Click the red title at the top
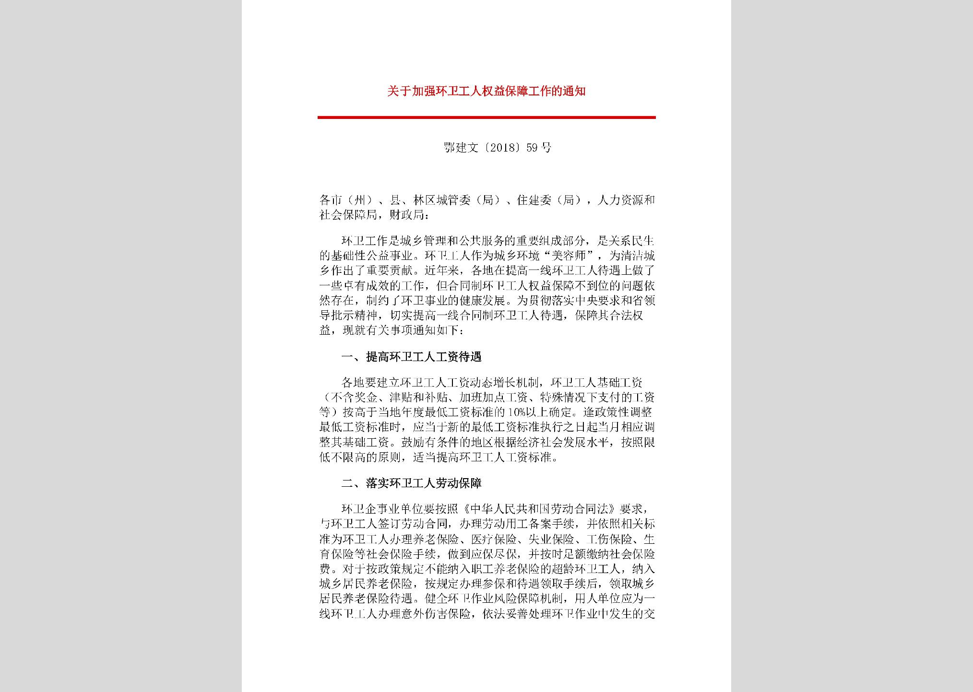click(486, 91)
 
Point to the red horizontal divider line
click(486, 117)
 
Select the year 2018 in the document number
click(502, 148)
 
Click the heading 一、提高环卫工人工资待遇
click(411, 357)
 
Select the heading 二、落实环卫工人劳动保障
click(411, 483)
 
